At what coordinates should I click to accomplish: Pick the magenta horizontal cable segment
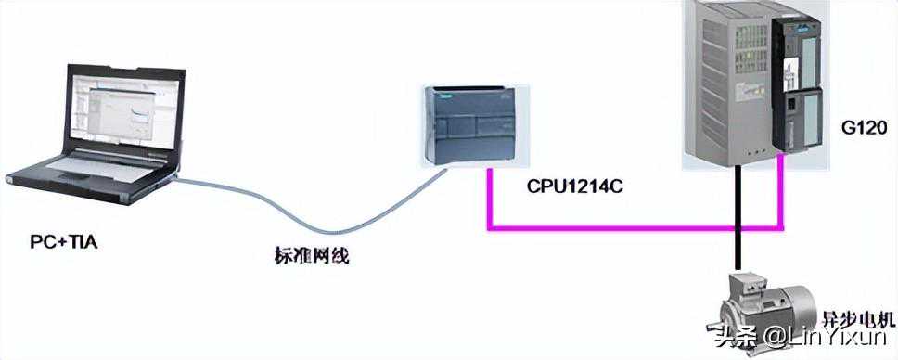click(631, 225)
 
